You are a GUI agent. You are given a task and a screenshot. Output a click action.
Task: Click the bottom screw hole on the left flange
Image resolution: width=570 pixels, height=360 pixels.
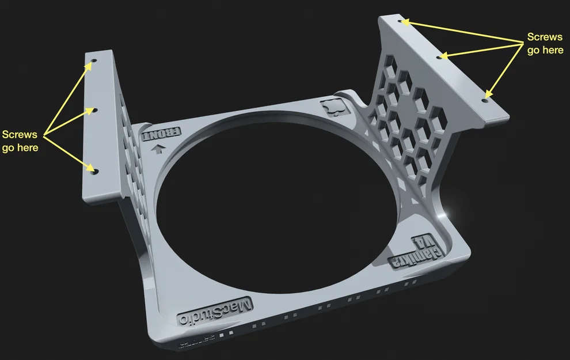95,171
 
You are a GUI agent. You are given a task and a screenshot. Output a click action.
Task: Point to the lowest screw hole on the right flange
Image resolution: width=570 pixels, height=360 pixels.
485,98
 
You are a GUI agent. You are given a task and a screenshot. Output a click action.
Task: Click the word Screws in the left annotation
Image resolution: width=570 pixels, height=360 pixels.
20,135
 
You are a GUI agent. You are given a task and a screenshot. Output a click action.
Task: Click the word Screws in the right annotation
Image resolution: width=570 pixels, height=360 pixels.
545,37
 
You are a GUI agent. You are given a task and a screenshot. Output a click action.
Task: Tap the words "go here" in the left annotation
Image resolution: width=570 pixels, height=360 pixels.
20,147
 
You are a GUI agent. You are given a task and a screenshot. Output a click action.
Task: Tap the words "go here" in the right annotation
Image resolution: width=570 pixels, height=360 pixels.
545,50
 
